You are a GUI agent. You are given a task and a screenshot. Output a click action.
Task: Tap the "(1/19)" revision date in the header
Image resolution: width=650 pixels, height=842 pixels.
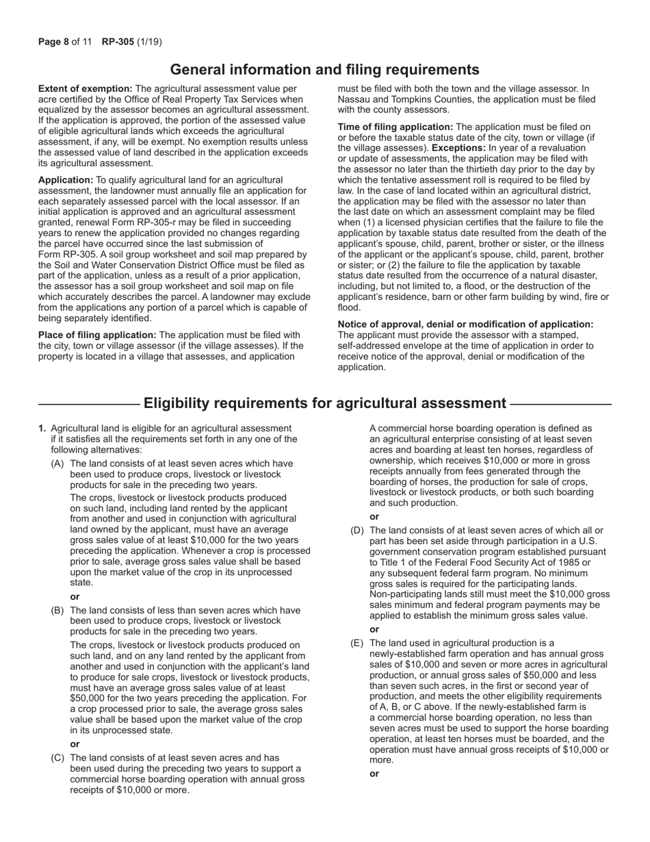[149, 42]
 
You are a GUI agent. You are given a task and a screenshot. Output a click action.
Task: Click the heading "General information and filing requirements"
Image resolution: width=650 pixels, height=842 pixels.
[324, 70]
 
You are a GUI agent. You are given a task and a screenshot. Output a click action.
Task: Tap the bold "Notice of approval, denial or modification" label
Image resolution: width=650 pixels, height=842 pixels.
[465, 324]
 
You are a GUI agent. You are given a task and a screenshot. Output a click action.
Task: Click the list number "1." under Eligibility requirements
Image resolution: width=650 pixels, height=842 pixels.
[42, 429]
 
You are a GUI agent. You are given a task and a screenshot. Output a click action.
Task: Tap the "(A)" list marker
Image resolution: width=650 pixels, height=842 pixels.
[58, 463]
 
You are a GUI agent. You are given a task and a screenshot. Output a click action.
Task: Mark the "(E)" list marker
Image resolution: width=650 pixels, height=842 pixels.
[357, 643]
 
